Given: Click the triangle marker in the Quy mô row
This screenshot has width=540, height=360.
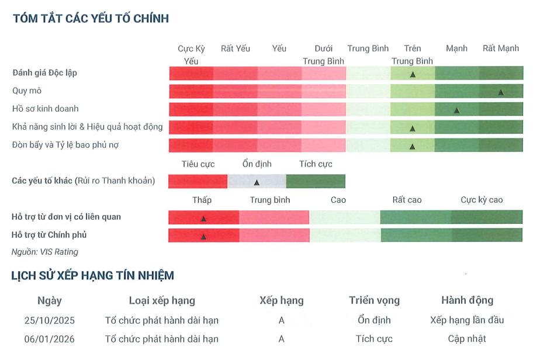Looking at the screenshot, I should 501,92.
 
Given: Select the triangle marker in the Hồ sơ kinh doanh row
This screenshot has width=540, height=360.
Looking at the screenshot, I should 456,110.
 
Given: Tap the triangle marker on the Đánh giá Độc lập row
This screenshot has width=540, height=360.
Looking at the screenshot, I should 413,74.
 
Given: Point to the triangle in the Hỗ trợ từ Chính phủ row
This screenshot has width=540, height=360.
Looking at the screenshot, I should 203,237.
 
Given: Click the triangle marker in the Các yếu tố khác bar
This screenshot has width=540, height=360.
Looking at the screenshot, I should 257,182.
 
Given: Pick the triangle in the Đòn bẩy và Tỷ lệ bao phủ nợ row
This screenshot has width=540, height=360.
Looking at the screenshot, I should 413,147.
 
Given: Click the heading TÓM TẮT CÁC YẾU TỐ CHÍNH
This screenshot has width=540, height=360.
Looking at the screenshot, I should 91,19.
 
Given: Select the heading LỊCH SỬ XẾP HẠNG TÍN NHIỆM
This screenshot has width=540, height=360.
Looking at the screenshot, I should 92,276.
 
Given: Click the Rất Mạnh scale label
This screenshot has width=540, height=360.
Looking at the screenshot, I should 500,49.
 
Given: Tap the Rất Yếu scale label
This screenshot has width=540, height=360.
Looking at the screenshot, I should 236,49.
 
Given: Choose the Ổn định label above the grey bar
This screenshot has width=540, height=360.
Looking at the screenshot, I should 257,164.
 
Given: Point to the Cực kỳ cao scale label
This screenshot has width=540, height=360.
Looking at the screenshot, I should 482,200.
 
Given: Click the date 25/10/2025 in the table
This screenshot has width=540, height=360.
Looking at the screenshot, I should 50,320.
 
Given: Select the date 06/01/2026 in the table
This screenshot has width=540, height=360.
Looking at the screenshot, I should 50,339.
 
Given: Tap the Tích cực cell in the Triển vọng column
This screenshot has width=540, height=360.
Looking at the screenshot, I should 374,339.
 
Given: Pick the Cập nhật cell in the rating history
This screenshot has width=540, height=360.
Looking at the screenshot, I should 467,339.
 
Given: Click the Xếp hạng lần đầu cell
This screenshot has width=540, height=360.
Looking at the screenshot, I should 467,320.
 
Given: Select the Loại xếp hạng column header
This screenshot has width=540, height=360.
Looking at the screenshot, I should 162,300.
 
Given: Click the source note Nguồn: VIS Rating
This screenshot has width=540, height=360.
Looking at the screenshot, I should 45,252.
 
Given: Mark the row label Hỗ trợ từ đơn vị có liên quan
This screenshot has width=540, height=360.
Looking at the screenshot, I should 67,217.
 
